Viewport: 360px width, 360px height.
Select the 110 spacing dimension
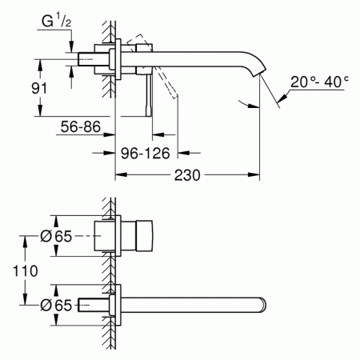[26, 271]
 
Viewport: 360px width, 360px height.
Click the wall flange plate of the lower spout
[117, 305]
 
